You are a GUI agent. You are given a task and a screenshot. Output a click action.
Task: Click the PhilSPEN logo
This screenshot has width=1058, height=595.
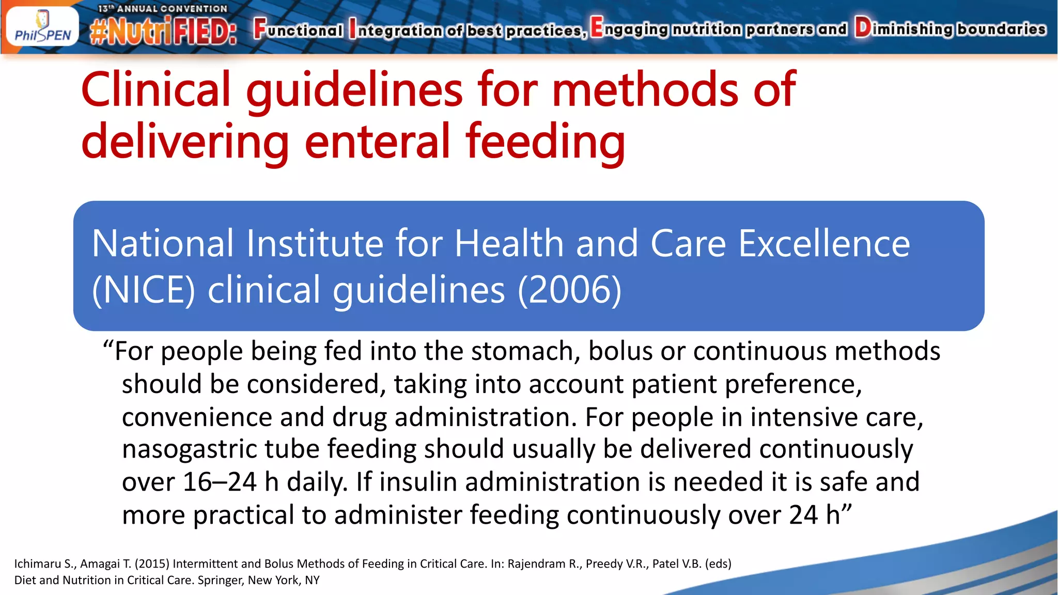coord(42,27)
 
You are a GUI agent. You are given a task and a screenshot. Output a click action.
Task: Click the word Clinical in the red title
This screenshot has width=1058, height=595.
coord(155,90)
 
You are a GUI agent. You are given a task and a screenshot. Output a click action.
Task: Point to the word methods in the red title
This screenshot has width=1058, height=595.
coord(645,90)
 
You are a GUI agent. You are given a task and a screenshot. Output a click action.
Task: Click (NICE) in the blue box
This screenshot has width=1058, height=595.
coord(143,290)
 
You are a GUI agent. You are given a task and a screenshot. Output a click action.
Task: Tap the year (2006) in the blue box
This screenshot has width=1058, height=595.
coord(569,290)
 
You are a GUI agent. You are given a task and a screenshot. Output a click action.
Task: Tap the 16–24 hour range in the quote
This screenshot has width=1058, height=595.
coord(220,482)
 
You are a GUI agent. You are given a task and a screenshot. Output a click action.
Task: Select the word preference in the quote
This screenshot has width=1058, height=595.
coord(790,385)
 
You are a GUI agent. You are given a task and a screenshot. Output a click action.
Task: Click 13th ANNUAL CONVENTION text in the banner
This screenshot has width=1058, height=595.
coord(163,9)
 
